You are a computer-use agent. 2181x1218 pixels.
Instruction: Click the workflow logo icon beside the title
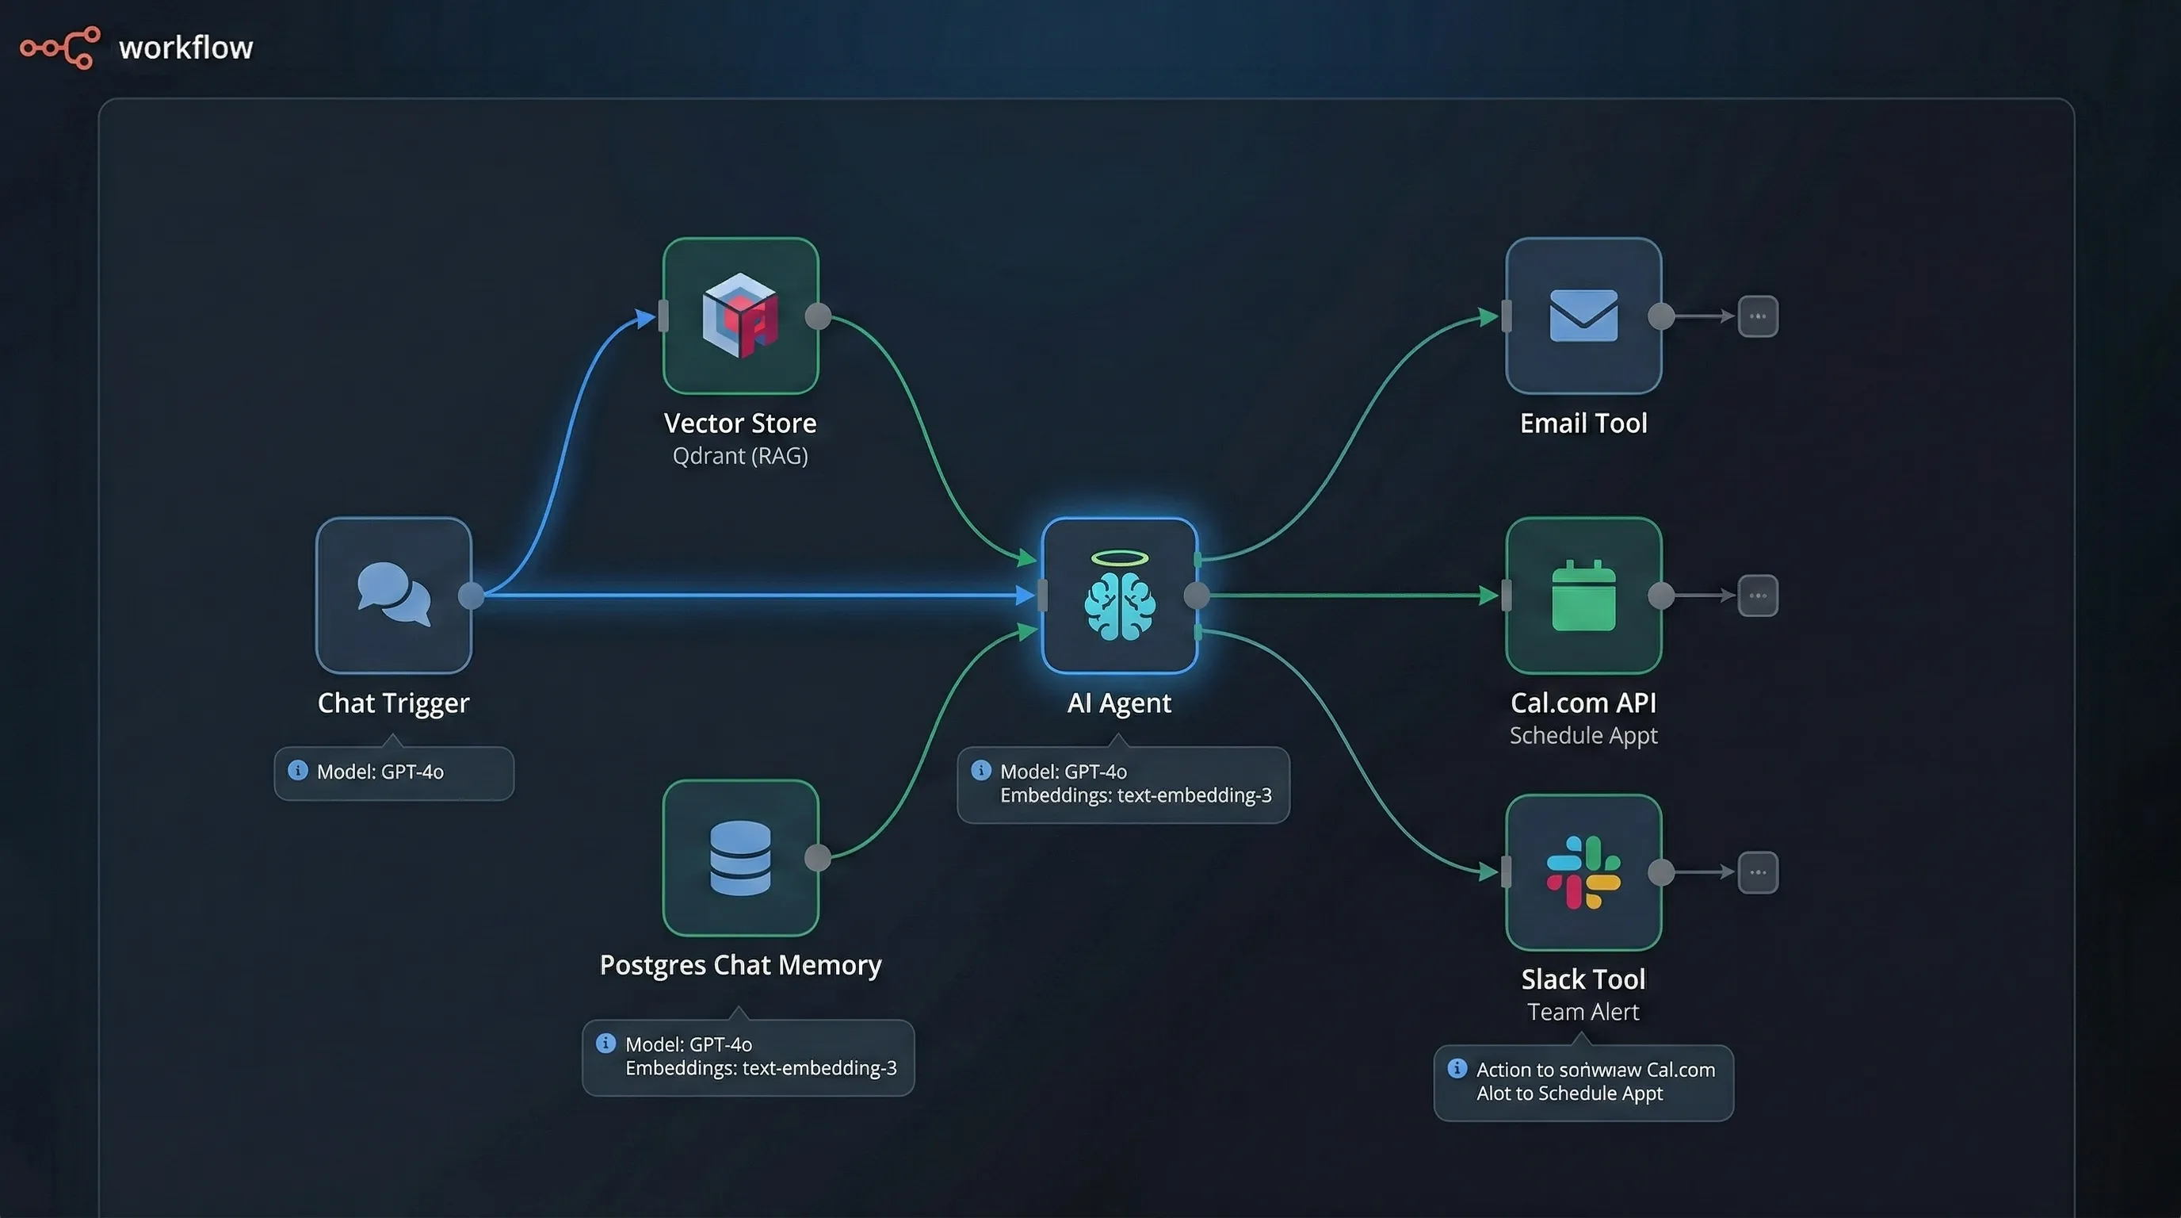click(60, 48)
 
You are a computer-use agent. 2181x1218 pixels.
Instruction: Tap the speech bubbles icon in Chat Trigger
click(394, 594)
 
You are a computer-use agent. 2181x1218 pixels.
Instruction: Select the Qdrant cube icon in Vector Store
click(740, 314)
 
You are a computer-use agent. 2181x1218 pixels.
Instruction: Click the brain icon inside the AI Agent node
click(1119, 604)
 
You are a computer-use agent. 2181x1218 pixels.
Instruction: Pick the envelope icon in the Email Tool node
click(1583, 315)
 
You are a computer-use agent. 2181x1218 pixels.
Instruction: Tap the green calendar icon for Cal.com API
click(1583, 596)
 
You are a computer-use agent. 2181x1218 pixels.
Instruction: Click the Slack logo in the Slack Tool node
click(1583, 871)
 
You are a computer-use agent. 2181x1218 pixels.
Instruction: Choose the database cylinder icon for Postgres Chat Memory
click(740, 858)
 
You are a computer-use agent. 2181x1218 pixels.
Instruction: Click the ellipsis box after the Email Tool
click(1758, 316)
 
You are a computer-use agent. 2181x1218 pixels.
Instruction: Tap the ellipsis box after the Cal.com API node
click(1758, 596)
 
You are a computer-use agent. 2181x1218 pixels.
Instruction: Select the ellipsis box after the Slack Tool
click(1758, 872)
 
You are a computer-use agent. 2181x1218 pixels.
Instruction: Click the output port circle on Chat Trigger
click(471, 596)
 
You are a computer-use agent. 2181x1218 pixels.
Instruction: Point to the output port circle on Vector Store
click(818, 316)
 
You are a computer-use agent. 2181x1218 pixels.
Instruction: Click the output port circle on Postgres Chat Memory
click(818, 857)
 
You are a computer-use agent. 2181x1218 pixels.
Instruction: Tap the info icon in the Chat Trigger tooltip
click(298, 770)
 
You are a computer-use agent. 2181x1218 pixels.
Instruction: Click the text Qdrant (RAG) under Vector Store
click(740, 456)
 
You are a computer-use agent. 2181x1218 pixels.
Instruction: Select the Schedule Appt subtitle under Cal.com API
click(1583, 735)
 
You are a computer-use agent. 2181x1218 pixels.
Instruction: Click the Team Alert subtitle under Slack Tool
click(1583, 1011)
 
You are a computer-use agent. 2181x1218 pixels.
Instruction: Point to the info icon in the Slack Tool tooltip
click(1457, 1068)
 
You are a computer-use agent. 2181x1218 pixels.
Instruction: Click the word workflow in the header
click(185, 48)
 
